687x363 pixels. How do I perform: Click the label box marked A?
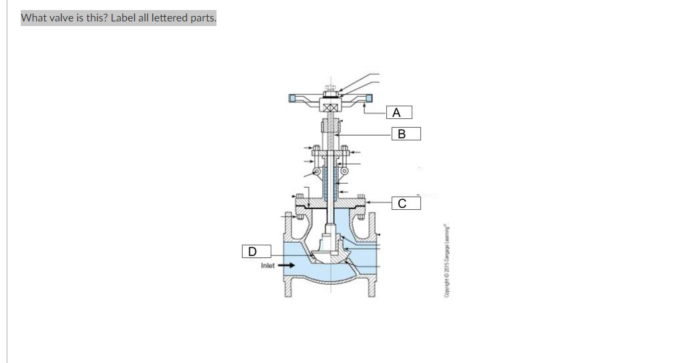tap(397, 112)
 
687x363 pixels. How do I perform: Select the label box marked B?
tap(401, 134)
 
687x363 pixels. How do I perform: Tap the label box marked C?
tap(401, 203)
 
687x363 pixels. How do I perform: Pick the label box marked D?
tap(252, 251)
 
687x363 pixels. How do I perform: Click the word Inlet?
tap(267, 265)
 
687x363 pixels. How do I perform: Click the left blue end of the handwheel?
tap(293, 99)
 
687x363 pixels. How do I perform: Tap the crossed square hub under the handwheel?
tap(329, 108)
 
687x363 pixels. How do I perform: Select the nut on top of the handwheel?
tap(329, 88)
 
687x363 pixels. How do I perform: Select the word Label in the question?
tap(123, 18)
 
